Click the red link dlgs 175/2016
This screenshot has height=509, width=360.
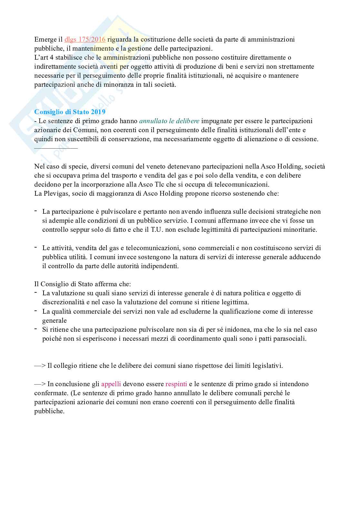pos(85,39)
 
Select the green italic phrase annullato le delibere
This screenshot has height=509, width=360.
pos(169,121)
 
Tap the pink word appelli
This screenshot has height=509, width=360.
pos(111,384)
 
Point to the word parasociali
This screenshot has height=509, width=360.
pos(288,339)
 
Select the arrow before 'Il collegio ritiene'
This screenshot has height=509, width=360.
pos(40,366)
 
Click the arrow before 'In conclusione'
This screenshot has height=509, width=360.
pos(40,384)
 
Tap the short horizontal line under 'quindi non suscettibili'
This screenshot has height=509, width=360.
pos(56,148)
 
